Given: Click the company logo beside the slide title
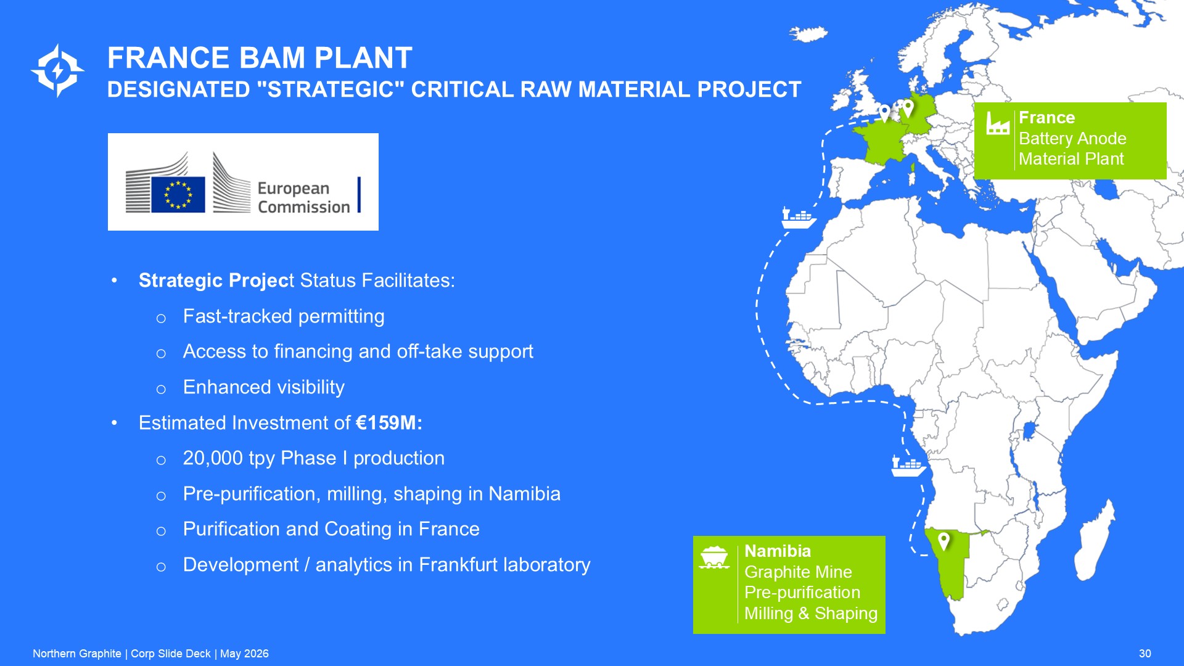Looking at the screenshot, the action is [58, 70].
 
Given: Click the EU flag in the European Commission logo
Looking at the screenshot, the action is [178, 194].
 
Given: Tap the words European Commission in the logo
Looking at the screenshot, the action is [303, 197].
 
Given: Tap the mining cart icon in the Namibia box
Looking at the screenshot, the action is [715, 557].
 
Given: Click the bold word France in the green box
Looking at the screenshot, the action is [1046, 118].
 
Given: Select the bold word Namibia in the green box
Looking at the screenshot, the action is [778, 551].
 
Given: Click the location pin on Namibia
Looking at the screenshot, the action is [943, 541].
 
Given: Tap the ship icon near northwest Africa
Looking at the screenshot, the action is [799, 218].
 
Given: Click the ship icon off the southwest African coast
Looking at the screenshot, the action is [908, 466].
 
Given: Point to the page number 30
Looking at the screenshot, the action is [1145, 654].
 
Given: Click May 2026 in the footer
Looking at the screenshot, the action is [244, 654].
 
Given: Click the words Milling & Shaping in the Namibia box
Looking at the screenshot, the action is [811, 614].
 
